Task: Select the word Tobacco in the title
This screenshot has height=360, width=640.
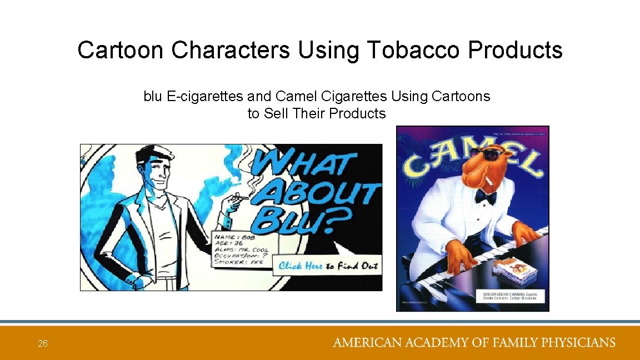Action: [414, 50]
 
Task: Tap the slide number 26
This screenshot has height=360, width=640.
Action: [43, 344]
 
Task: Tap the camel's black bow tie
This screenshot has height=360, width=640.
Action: [485, 196]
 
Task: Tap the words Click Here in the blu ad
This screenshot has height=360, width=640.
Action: [301, 266]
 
